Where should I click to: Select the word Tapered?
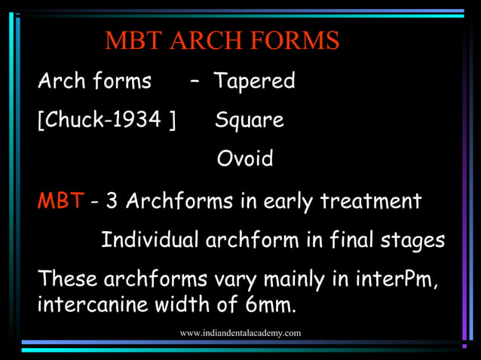254,81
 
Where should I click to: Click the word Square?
250,120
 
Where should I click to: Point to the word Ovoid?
245,159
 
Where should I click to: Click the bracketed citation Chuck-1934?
106,121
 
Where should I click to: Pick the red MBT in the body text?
60,202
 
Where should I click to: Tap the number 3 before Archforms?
112,202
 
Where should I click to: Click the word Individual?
150,240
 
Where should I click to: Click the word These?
67,279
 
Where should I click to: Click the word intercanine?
86,307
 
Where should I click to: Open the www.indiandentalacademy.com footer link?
240,333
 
